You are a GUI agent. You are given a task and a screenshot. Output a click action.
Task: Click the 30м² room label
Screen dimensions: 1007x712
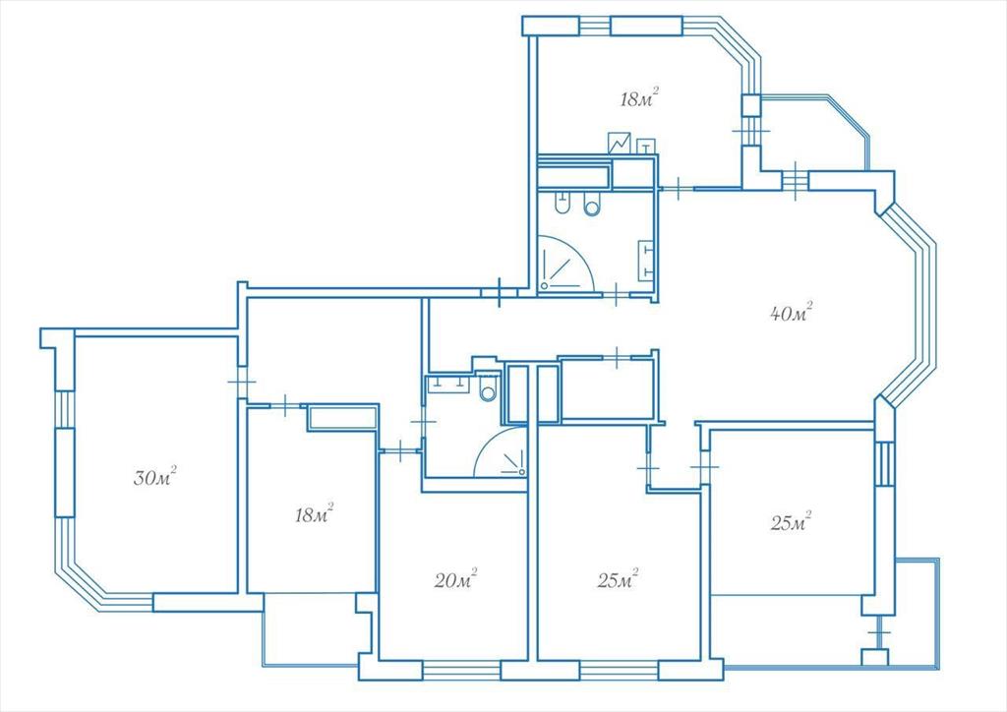(154, 476)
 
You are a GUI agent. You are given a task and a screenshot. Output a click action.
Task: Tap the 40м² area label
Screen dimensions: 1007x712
(792, 313)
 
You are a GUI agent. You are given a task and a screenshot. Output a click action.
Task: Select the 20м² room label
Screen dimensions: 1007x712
(455, 580)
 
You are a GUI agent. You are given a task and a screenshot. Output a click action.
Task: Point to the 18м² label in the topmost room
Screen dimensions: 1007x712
(639, 98)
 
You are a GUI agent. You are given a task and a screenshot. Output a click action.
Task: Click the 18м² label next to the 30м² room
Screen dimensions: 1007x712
(314, 513)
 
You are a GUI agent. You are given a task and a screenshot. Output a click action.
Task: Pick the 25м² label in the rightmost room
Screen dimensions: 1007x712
(791, 522)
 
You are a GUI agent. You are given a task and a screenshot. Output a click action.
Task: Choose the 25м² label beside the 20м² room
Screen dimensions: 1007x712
(618, 580)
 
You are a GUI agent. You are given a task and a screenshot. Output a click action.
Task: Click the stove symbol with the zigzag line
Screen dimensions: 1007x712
(620, 143)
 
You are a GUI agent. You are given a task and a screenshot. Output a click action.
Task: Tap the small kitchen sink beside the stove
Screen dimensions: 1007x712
(645, 147)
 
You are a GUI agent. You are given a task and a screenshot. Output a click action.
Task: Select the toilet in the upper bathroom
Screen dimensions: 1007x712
(592, 204)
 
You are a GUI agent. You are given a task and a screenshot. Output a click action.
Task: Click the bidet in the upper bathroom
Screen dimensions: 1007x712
(562, 204)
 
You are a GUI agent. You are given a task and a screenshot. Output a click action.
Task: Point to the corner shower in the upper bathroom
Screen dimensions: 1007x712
(565, 264)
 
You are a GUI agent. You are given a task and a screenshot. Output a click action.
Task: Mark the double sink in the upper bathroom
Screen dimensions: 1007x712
(645, 260)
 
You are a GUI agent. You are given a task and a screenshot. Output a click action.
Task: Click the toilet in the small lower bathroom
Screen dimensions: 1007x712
(488, 387)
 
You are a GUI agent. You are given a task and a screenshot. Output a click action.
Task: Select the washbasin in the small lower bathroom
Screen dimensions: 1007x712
(448, 384)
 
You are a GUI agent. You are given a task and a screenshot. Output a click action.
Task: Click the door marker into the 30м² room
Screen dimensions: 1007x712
(242, 382)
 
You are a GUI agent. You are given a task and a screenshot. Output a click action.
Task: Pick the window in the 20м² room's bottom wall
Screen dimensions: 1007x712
(461, 671)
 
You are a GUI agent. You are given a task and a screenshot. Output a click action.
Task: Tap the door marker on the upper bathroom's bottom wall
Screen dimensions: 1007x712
(616, 295)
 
